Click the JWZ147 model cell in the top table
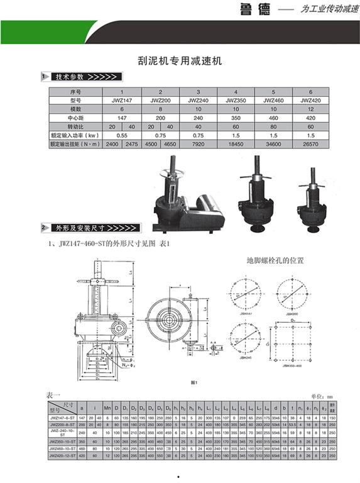tap(123, 99)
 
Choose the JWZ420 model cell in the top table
tap(310, 99)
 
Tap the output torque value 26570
tap(310, 144)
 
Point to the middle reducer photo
tap(256, 194)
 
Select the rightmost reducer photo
tap(312, 200)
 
